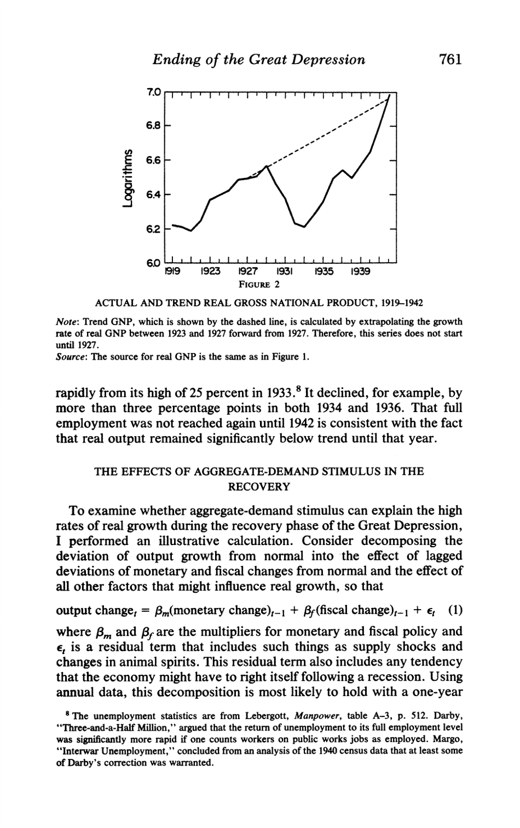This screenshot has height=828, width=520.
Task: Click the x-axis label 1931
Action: click(284, 270)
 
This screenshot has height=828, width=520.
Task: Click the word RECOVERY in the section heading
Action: click(259, 485)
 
